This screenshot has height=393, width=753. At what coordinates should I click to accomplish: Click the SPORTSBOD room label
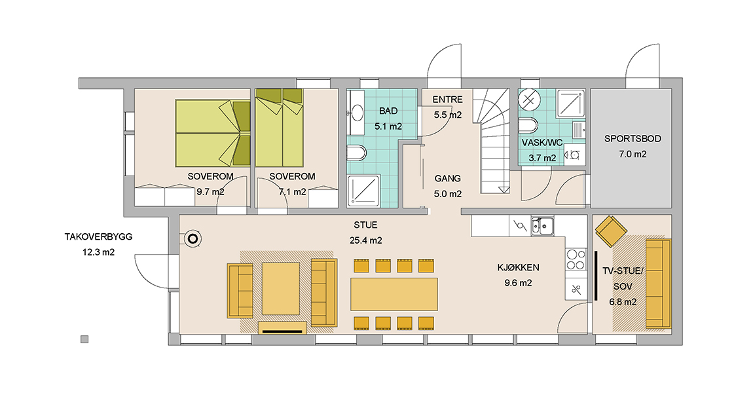click(x=633, y=139)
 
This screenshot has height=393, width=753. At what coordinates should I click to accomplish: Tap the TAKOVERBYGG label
click(x=98, y=237)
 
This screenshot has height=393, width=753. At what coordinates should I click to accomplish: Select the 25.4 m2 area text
click(x=365, y=240)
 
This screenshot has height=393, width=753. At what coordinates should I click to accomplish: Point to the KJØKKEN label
click(x=518, y=268)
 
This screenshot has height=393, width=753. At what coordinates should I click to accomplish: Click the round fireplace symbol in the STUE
click(x=193, y=238)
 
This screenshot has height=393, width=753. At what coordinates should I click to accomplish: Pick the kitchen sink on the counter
click(x=542, y=225)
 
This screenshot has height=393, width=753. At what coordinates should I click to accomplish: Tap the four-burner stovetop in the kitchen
click(x=576, y=260)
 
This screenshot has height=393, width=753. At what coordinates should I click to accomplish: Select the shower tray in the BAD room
click(x=363, y=191)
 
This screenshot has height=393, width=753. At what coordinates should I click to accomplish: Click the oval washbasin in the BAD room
click(x=358, y=113)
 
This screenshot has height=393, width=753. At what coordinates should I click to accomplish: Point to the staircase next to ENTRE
click(x=491, y=141)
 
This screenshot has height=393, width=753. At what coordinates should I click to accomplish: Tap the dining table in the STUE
click(x=394, y=294)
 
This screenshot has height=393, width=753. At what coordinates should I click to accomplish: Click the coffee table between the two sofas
click(x=281, y=288)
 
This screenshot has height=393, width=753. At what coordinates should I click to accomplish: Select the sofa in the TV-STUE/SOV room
click(x=659, y=284)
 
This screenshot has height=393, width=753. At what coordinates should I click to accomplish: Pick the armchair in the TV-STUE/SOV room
click(x=612, y=231)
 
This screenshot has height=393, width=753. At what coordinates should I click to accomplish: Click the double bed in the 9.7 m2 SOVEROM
click(x=213, y=133)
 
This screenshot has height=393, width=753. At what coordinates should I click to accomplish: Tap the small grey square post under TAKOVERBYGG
click(x=84, y=339)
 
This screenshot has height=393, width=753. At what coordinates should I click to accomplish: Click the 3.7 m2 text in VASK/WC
click(x=542, y=158)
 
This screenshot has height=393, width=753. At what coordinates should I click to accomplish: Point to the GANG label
click(x=448, y=179)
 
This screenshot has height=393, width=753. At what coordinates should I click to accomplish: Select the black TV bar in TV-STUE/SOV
click(x=595, y=276)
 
